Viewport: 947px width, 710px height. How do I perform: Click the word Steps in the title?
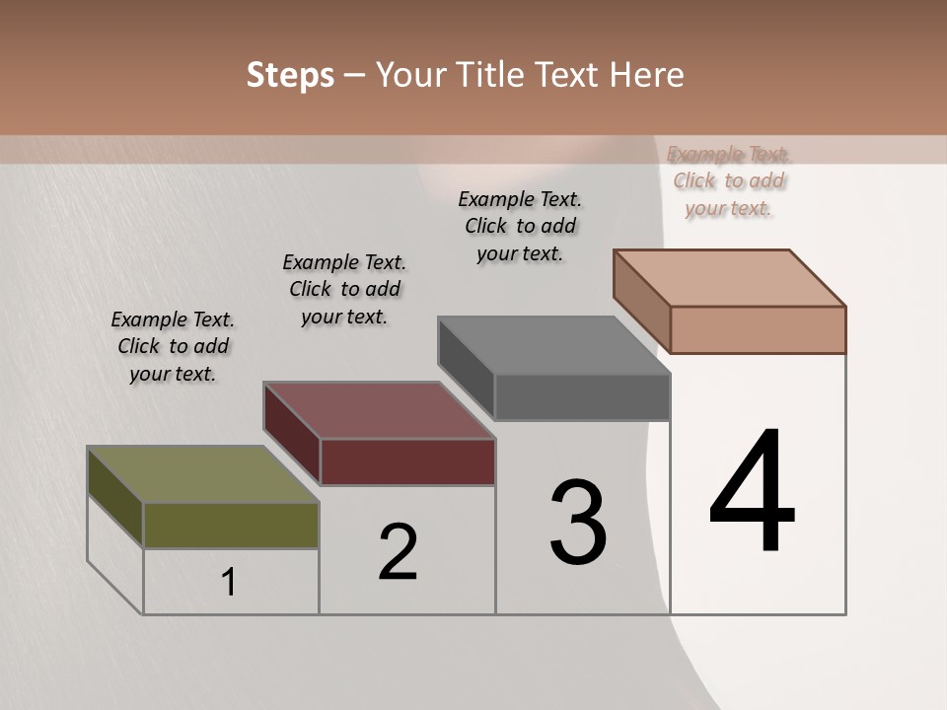click(290, 75)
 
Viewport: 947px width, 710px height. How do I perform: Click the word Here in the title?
click(648, 75)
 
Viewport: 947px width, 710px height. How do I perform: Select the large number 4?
click(752, 492)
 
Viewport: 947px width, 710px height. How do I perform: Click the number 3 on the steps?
click(578, 523)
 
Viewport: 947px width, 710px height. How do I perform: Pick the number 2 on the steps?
click(399, 552)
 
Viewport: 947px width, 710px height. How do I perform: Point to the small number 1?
click(229, 583)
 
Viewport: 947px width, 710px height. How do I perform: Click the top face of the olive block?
click(202, 474)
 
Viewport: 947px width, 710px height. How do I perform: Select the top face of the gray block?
click(553, 345)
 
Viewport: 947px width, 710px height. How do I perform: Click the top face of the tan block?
click(729, 277)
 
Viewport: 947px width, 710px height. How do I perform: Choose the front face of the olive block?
click(231, 525)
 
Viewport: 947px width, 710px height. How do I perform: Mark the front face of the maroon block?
click(407, 461)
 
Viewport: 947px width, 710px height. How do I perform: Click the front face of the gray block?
click(582, 396)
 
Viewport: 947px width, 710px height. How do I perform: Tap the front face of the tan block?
click(758, 329)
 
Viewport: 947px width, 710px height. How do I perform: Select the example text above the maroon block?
click(344, 290)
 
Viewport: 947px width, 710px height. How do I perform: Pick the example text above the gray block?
click(520, 226)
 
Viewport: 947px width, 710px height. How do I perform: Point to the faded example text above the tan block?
click(729, 181)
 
